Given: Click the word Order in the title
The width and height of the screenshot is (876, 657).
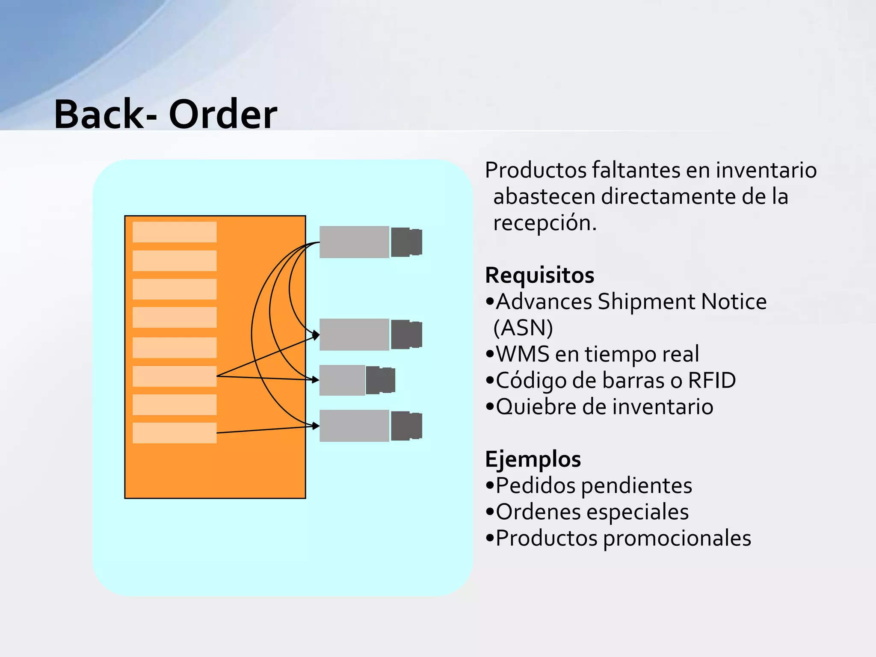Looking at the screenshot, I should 223,115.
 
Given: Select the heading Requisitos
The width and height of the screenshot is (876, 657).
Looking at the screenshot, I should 539,275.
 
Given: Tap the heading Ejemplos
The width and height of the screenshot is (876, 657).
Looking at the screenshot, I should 533,459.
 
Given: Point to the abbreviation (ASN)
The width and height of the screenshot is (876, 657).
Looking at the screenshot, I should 523,328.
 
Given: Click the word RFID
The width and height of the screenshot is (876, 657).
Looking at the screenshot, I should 712,380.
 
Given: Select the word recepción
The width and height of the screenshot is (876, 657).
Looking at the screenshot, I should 545,223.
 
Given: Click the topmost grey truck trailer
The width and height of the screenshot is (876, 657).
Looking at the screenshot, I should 354,242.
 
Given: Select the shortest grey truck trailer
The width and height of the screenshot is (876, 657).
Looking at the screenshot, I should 342,380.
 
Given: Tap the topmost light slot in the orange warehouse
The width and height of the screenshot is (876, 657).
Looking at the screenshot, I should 175,232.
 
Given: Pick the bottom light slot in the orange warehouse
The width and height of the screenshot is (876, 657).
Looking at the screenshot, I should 175,433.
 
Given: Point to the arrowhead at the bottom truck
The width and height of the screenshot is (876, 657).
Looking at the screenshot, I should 316,426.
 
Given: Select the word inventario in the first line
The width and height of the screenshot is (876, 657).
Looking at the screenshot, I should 766,170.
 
